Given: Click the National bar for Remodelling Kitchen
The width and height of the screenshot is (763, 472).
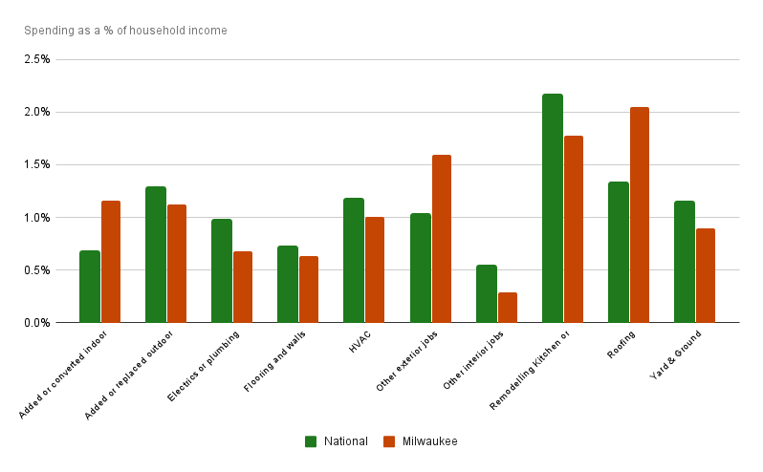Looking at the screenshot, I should (553, 208).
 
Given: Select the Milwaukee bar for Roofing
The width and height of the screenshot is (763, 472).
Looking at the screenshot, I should (640, 215).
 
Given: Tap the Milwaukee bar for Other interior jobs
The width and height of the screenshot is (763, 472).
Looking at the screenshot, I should (507, 308).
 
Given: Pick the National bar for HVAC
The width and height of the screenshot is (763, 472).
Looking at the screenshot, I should (354, 260).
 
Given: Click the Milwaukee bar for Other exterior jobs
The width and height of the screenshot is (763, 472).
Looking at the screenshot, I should (441, 239).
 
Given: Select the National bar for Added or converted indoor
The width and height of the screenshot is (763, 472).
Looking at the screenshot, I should (90, 287).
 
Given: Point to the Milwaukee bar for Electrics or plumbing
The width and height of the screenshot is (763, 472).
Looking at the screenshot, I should (242, 287).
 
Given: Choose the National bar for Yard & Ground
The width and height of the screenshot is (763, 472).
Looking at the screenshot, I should (685, 262).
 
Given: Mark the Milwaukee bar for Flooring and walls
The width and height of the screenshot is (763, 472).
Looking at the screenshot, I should (308, 290).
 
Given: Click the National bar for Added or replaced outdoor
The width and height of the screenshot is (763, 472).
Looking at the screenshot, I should (156, 254).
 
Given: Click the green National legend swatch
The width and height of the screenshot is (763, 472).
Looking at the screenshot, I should (311, 441).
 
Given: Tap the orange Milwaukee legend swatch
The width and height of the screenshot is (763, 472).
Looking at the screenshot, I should (389, 441).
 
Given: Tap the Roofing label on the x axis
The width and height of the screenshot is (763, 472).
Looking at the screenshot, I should (621, 344).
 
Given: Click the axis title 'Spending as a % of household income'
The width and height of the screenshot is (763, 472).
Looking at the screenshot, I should (125, 31).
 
